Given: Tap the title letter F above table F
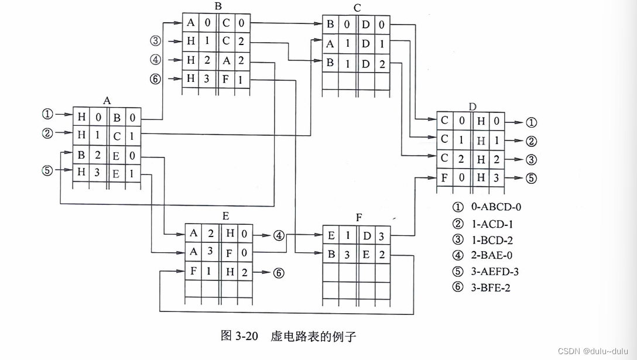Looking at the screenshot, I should point(359,218).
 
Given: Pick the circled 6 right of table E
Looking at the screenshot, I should point(279,272).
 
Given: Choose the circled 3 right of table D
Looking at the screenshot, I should point(531,160).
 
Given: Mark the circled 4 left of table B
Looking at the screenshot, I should point(155,59).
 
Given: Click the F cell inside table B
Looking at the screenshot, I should point(225,78).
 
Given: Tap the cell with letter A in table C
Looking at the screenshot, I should point(331,44).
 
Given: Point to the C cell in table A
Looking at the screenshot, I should point(117,136).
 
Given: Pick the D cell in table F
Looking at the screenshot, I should point(367,236).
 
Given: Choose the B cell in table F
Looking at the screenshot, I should point(331,255).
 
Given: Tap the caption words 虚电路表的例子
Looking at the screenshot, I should point(313,336).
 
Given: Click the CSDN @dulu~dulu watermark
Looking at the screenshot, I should point(594,351).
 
